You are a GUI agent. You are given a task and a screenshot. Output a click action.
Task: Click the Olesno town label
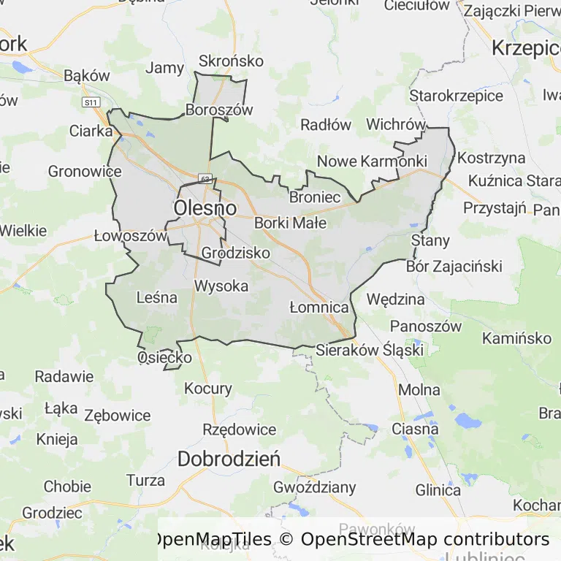point(205,208)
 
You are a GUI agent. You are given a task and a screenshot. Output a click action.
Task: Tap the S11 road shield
point(91,103)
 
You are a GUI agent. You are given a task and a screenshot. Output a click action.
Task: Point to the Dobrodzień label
point(229,459)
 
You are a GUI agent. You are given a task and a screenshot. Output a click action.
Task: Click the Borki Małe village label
point(290,223)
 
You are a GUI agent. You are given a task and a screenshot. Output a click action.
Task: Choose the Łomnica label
point(318,307)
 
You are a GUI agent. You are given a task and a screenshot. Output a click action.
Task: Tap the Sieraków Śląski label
point(370,350)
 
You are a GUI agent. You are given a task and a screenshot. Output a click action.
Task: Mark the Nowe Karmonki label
point(372,161)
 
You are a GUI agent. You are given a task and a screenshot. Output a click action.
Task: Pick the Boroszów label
point(219,110)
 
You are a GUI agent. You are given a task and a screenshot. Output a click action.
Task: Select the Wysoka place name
point(221,286)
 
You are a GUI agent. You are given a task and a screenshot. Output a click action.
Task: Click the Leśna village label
point(157,297)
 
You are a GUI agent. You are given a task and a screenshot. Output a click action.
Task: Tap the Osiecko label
point(165,357)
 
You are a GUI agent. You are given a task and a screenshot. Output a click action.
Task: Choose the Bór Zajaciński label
point(454,267)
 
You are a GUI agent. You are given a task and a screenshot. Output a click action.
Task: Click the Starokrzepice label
point(456,96)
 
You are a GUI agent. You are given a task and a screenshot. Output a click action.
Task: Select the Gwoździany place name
point(314,486)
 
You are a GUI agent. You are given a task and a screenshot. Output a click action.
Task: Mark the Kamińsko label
point(516,338)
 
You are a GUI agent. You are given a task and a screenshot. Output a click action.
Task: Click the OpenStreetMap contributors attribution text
point(425,539)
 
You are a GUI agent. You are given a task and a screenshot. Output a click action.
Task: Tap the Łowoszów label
point(131,236)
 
